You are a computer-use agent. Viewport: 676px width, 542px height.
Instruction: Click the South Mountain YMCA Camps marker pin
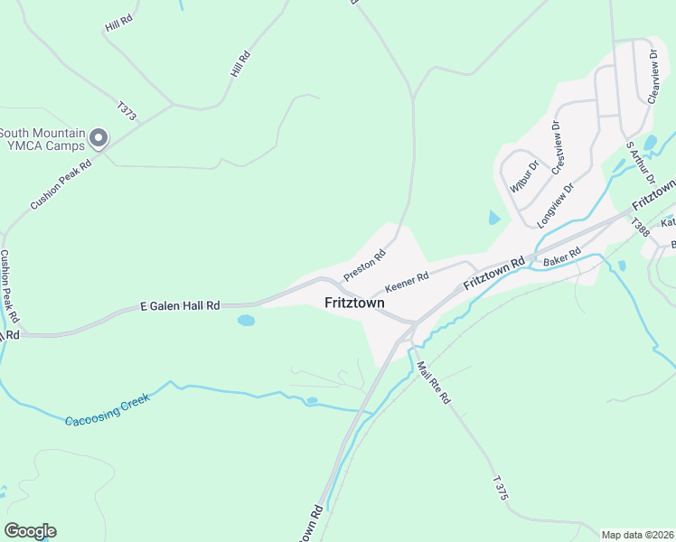pos(99,139)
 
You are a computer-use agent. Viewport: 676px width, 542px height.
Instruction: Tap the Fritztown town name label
pos(354,304)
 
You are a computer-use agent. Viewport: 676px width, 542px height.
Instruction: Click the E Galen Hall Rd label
pos(181,306)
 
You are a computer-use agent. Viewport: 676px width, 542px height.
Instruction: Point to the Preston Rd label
pos(364,265)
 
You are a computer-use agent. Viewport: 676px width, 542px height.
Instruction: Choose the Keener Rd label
pos(405,280)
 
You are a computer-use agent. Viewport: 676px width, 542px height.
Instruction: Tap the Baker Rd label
pos(561,257)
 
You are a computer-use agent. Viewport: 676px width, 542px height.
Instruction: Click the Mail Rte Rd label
pos(433,383)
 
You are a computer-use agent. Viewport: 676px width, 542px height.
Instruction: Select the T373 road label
pos(126,112)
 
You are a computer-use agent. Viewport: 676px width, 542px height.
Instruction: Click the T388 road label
pos(640,228)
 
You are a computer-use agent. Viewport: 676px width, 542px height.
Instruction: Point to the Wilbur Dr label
pos(523,176)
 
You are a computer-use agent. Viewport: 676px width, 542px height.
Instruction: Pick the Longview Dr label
pos(556,206)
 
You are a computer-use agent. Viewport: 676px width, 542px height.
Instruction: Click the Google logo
pos(30,531)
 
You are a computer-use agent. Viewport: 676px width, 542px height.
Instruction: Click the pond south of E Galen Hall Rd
pos(245,320)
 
